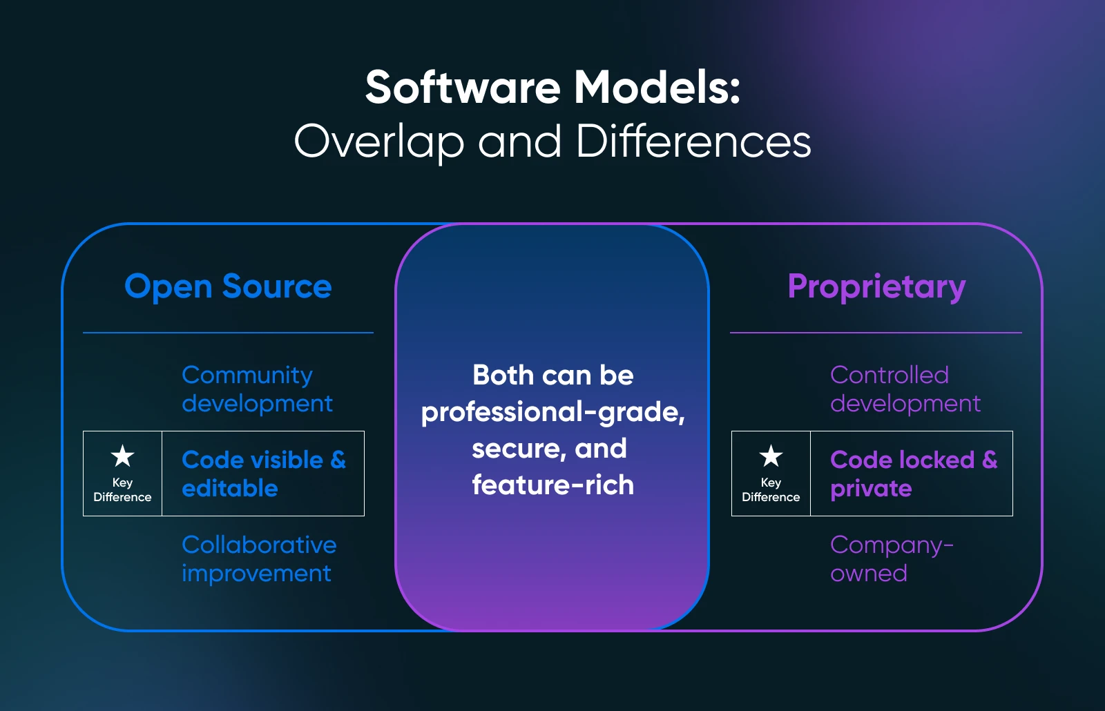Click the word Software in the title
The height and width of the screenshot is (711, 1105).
463,87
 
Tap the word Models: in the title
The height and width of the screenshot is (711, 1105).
657,87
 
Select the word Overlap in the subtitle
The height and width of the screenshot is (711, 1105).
379,142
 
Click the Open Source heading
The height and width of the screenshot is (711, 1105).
228,286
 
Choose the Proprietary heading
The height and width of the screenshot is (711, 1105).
876,286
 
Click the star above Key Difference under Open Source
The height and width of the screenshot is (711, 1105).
122,456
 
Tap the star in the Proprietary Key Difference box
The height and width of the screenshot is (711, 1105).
771,456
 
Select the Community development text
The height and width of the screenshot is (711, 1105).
257,389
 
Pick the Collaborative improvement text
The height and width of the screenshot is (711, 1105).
259,559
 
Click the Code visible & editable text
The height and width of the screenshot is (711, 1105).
264,474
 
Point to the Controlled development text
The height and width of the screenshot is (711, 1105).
905,389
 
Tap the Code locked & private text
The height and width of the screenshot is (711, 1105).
914,474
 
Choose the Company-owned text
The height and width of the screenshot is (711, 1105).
892,559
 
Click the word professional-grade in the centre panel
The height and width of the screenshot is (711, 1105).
553,412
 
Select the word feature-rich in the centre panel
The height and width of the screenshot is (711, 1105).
553,485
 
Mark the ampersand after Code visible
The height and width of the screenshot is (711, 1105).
338,460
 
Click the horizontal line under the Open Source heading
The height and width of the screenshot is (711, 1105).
228,333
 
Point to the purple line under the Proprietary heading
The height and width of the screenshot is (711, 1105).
876,333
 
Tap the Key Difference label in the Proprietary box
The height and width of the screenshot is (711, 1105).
771,489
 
